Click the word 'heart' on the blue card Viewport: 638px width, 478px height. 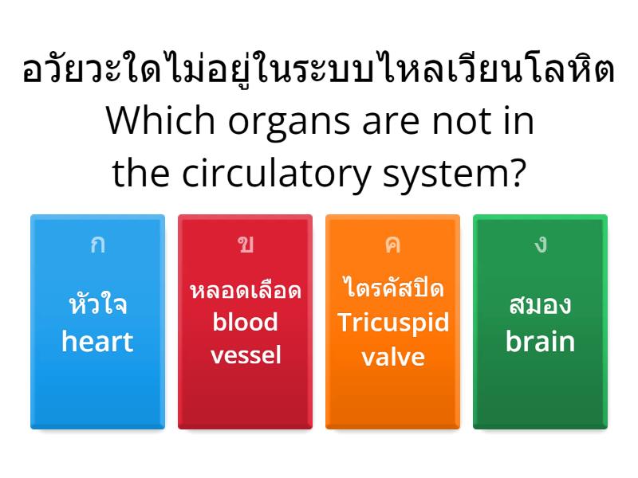97,342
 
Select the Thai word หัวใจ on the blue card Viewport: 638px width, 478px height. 97,305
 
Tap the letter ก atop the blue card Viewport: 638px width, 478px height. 97,244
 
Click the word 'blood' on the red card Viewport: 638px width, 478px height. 245,322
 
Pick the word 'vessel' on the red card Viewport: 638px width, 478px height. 245,355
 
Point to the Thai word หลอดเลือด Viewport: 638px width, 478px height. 245,290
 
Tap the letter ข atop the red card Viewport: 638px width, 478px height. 245,244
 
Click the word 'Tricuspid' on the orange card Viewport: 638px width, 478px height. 392,323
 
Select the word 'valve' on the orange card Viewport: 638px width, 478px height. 392,356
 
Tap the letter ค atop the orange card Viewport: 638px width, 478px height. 392,244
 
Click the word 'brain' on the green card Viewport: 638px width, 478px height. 540,342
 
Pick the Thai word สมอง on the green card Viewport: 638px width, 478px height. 540,305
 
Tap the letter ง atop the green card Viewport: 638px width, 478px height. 541,244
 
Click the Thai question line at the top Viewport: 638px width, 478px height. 319,71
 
